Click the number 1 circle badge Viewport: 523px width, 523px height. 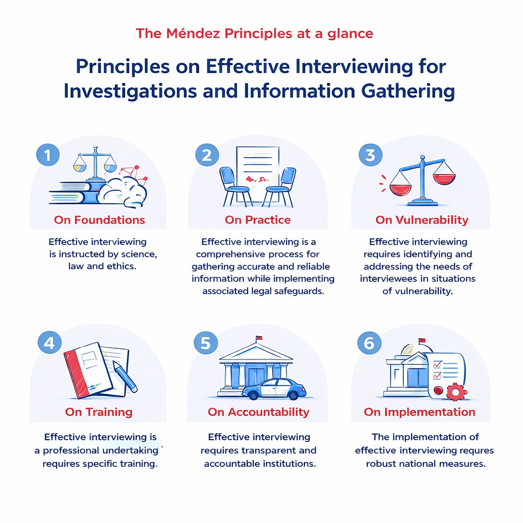click(48, 155)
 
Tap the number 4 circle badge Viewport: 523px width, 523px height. click(49, 343)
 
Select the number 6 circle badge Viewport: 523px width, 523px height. click(369, 343)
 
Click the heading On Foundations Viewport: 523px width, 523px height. click(100, 220)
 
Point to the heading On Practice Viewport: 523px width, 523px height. click(257, 220)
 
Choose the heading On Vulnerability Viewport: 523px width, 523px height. click(421, 220)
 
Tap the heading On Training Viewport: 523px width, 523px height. click(99, 412)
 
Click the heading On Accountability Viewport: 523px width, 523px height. click(258, 412)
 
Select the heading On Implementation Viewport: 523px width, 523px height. click(419, 412)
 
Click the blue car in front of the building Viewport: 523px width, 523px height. click(274, 389)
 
